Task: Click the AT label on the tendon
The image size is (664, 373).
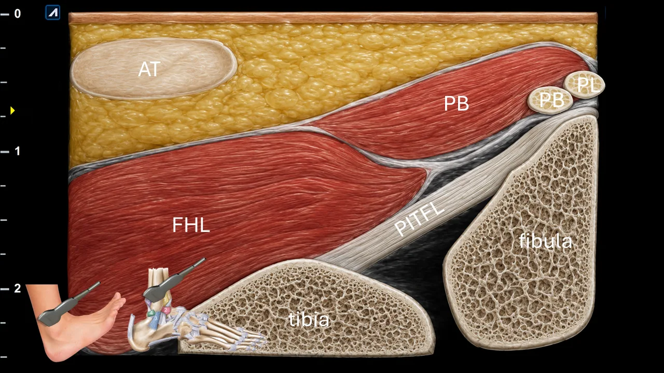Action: coord(149,69)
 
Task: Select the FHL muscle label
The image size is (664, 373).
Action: coord(191,225)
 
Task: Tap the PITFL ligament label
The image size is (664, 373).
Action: coord(420,219)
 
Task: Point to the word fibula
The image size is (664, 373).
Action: coord(545,240)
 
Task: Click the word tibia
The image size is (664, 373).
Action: coord(309,320)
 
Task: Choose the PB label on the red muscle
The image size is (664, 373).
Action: coord(457,103)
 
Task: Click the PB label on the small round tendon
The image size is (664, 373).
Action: coord(551,100)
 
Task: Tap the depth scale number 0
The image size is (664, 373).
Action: coord(18,13)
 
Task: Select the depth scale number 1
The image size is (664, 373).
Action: coord(18,151)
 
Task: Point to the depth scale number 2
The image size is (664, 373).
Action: coord(18,289)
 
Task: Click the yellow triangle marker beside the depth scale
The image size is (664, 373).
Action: coord(12,111)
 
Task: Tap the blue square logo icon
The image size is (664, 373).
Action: coord(53,12)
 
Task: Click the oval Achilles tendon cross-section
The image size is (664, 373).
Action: coord(154,69)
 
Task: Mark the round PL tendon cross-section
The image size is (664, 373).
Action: coord(584,84)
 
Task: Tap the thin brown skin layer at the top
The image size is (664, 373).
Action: coord(333,18)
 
